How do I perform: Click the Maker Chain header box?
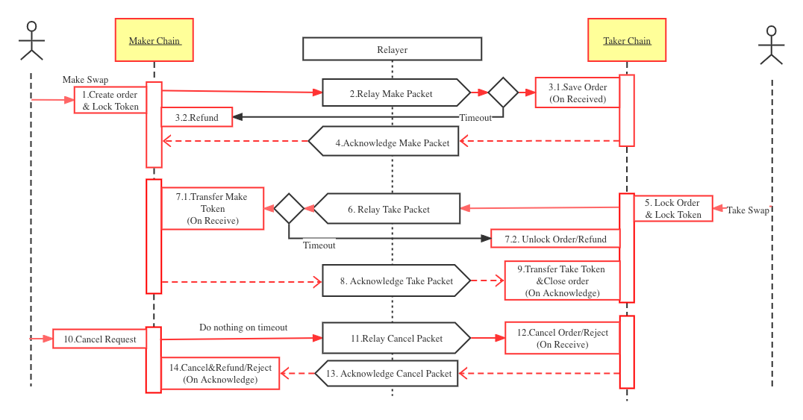(x=154, y=40)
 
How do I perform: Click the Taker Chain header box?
(x=627, y=40)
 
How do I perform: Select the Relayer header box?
(x=392, y=49)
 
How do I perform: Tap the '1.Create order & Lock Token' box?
(x=110, y=100)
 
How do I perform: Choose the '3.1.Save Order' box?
(x=578, y=93)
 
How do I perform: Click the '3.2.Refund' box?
(x=197, y=117)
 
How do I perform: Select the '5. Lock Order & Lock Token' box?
(x=673, y=208)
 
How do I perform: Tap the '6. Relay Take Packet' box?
(x=388, y=209)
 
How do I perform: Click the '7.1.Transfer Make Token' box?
(x=213, y=208)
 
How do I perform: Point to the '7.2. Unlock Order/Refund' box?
(x=554, y=239)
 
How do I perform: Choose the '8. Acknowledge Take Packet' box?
(x=396, y=280)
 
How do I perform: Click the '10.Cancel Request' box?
(x=99, y=339)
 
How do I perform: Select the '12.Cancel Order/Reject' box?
(x=562, y=338)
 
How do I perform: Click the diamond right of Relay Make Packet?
(x=503, y=93)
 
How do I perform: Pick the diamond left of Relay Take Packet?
(x=289, y=208)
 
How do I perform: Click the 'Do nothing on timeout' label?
(x=243, y=327)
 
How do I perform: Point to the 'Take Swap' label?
(x=748, y=210)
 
